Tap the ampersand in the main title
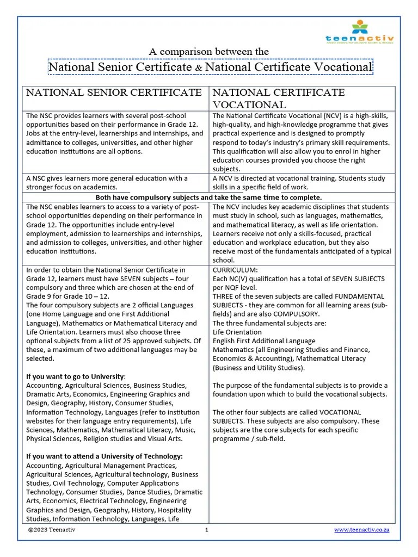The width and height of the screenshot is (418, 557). pyautogui.click(x=199, y=67)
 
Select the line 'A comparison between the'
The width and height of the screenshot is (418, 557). pyautogui.click(x=209, y=52)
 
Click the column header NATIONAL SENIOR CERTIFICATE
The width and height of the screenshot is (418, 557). pyautogui.click(x=114, y=92)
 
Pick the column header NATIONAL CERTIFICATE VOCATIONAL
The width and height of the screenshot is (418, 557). pyautogui.click(x=278, y=98)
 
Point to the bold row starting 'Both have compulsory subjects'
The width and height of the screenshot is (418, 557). pyautogui.click(x=209, y=197)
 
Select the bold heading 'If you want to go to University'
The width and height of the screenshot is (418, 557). pyautogui.click(x=76, y=376)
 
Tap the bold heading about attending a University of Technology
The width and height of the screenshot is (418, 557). pyautogui.click(x=104, y=456)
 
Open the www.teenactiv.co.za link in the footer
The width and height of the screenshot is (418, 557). pyautogui.click(x=361, y=530)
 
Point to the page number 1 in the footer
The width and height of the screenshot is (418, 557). pyautogui.click(x=207, y=530)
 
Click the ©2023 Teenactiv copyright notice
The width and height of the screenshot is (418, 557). pyautogui.click(x=53, y=530)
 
